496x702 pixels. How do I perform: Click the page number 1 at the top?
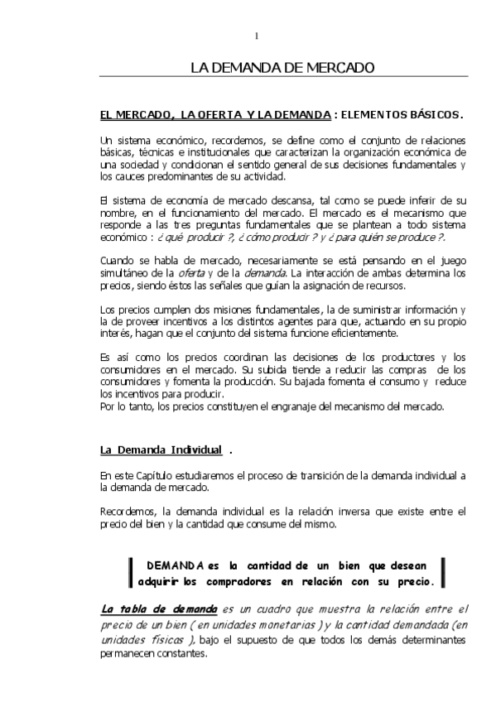pyautogui.click(x=257, y=35)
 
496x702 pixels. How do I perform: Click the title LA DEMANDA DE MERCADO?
pyautogui.click(x=282, y=67)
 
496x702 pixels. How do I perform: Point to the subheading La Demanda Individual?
pyautogui.click(x=161, y=450)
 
